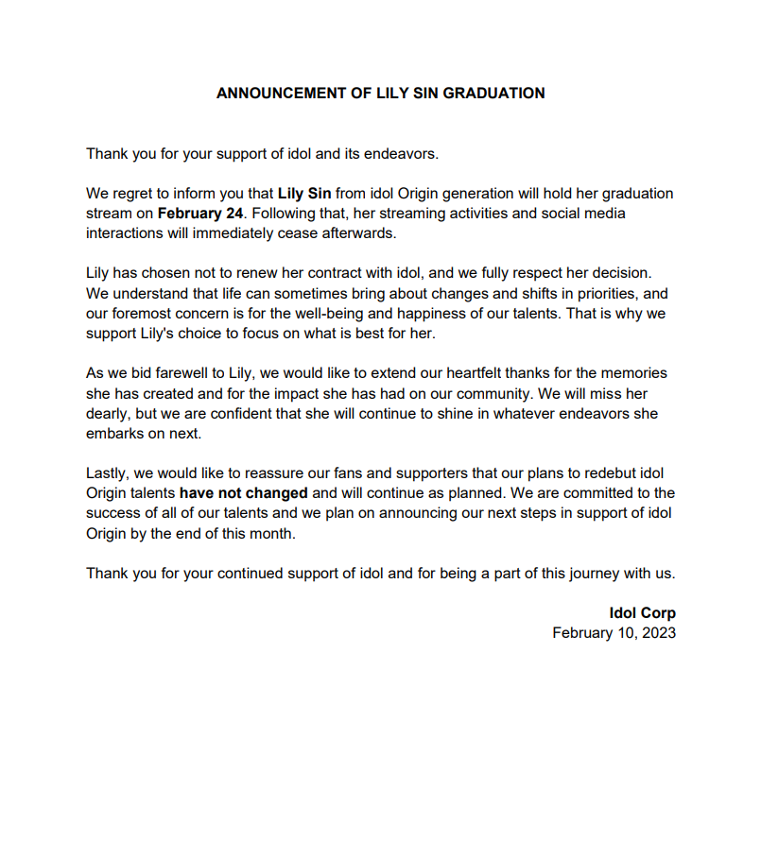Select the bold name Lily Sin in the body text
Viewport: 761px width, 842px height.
tap(304, 194)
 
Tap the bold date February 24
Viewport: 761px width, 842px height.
tap(200, 214)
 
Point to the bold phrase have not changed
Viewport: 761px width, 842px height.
tap(244, 493)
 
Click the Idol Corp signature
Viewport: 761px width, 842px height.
tap(642, 613)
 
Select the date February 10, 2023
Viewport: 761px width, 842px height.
tap(614, 633)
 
